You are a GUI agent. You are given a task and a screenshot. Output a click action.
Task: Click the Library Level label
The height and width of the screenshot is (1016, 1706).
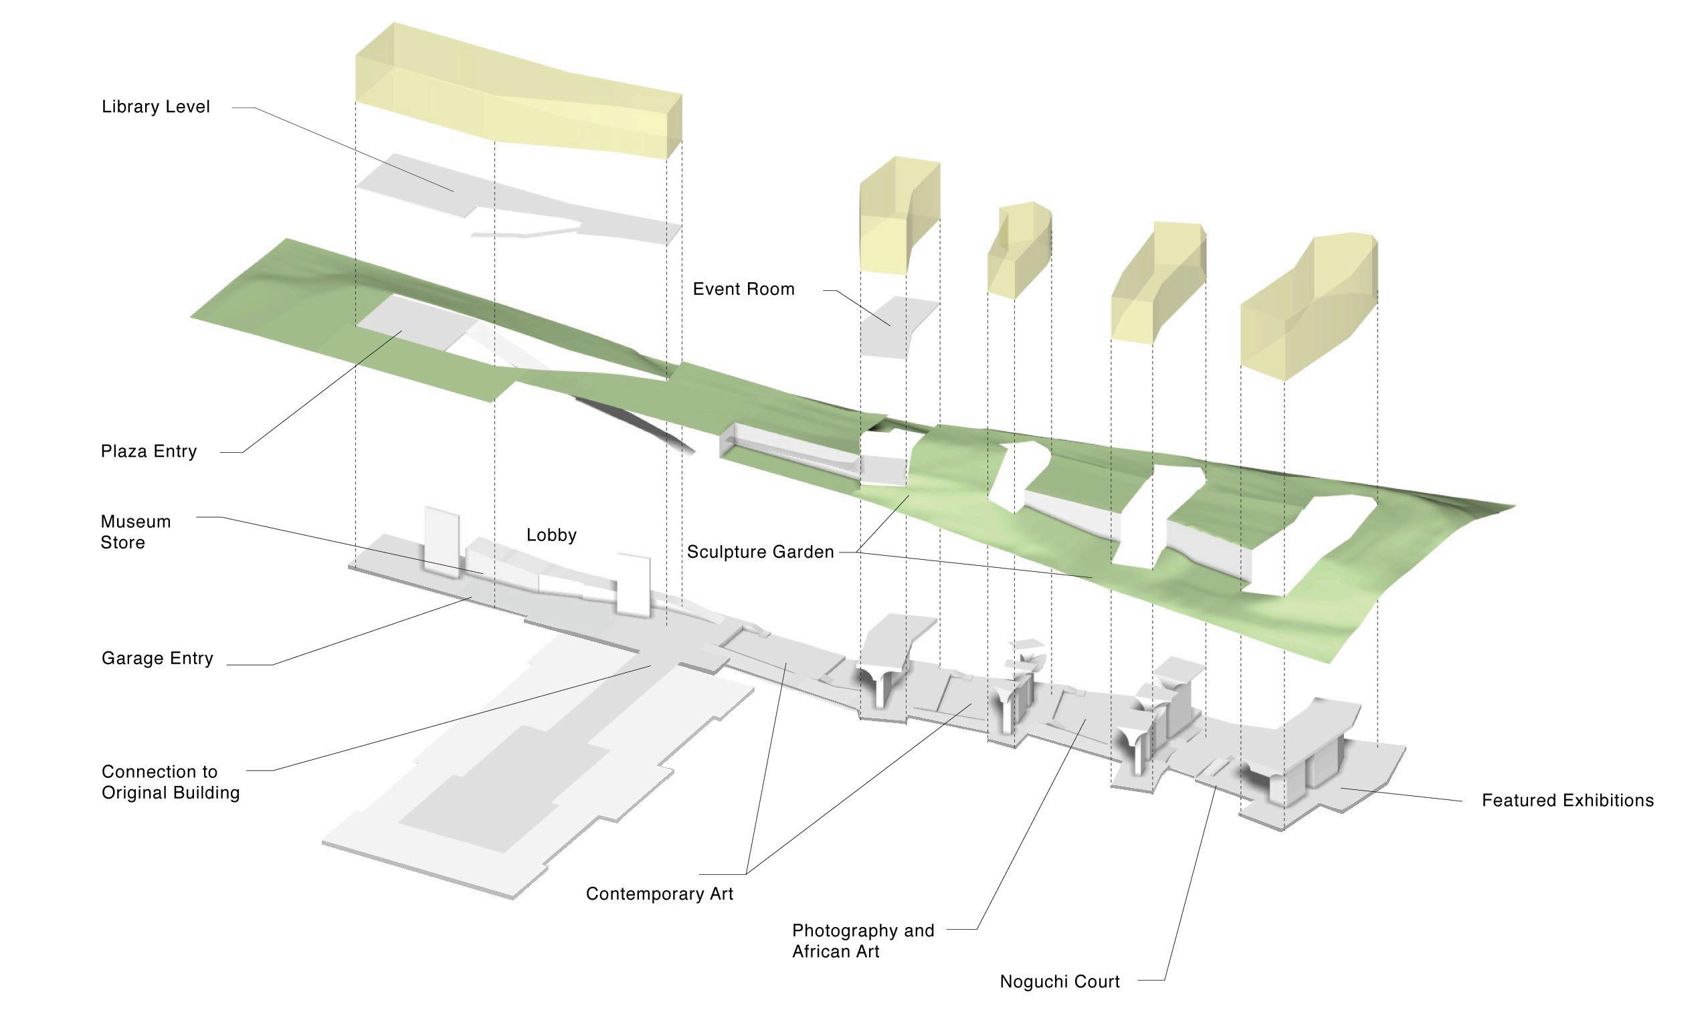(x=155, y=107)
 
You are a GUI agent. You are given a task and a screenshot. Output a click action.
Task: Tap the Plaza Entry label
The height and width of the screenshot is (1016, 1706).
(x=149, y=451)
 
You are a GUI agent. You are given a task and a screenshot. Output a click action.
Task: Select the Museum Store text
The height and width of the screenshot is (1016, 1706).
(x=136, y=532)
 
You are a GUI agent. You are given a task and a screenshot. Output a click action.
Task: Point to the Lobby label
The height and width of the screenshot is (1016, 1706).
(x=551, y=534)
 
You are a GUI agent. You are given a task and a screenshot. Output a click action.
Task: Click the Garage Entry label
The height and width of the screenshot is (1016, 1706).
(x=157, y=658)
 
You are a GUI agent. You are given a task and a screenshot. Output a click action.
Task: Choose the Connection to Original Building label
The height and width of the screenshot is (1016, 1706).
(x=171, y=782)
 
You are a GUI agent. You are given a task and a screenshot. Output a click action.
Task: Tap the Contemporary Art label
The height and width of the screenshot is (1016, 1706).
(x=659, y=894)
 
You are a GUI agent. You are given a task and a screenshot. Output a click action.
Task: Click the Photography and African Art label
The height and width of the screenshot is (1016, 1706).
(x=862, y=940)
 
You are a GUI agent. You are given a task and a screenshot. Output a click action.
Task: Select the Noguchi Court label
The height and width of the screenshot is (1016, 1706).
(x=1059, y=982)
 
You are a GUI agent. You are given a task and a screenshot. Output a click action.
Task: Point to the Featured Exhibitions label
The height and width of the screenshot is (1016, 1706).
(x=1567, y=801)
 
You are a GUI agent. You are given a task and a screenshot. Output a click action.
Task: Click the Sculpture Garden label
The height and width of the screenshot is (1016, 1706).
(x=760, y=552)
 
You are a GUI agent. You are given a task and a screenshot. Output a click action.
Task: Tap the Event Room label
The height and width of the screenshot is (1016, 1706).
(x=743, y=289)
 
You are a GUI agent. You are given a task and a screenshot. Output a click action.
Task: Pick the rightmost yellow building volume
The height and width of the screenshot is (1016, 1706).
(x=1307, y=308)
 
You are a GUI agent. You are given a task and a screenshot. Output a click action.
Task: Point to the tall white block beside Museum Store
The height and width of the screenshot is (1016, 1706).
(x=442, y=541)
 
